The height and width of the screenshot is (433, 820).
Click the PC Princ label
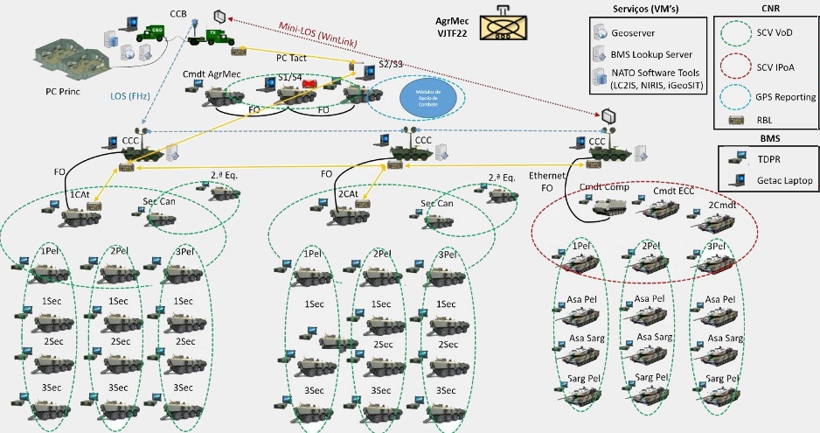click(63, 90)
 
